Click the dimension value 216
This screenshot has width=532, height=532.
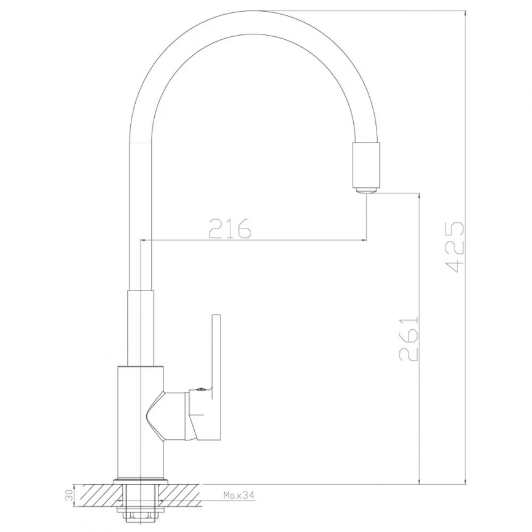[230, 228]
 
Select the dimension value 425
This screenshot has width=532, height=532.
[455, 248]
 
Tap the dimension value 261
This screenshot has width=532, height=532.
[409, 338]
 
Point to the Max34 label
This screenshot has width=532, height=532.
[238, 495]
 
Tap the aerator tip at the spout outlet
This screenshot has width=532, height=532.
[366, 190]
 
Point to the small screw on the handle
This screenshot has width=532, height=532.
[200, 389]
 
